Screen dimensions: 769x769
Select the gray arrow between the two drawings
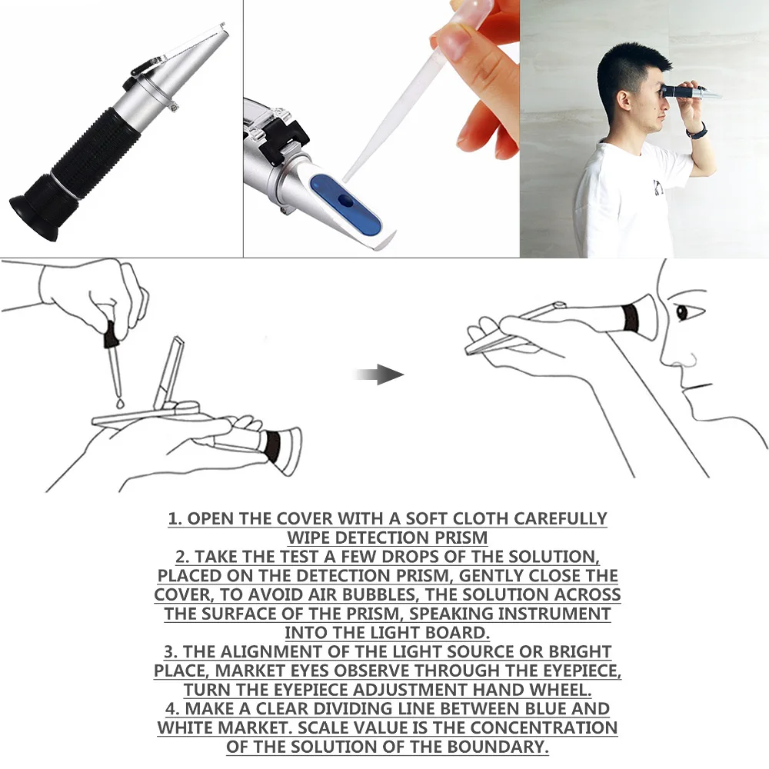point(381,375)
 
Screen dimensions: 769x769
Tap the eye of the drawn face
point(681,312)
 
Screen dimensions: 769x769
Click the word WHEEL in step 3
point(561,689)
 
